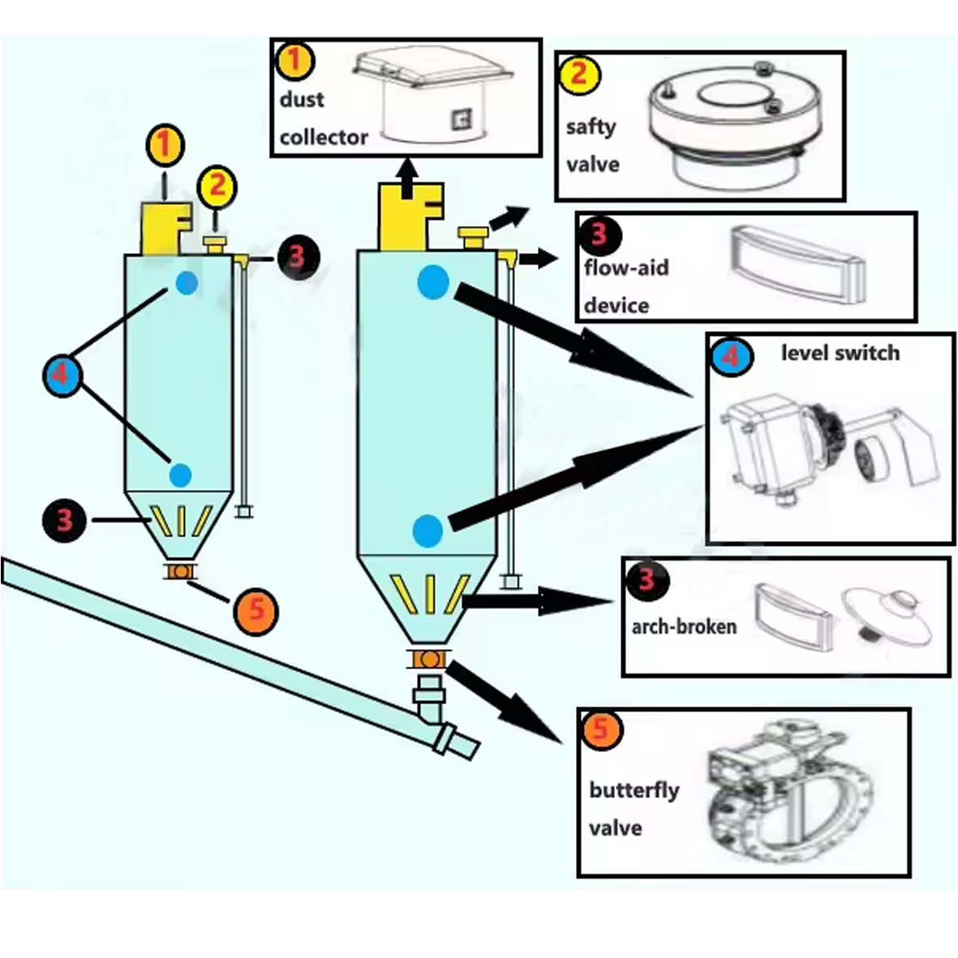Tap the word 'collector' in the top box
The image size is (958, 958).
[324, 137]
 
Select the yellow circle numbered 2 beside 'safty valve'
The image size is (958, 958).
[578, 74]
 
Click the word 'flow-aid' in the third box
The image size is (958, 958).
[626, 267]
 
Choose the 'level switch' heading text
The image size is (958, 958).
[840, 353]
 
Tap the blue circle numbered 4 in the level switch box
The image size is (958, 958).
[729, 356]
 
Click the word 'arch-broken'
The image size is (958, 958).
[684, 626]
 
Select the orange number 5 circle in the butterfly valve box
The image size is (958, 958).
[600, 729]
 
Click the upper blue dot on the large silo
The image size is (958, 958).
[433, 282]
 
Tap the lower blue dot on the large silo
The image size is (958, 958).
[427, 531]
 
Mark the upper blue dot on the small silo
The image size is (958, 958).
[187, 282]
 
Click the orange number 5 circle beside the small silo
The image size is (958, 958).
[256, 610]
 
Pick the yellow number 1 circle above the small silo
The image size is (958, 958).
[165, 145]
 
